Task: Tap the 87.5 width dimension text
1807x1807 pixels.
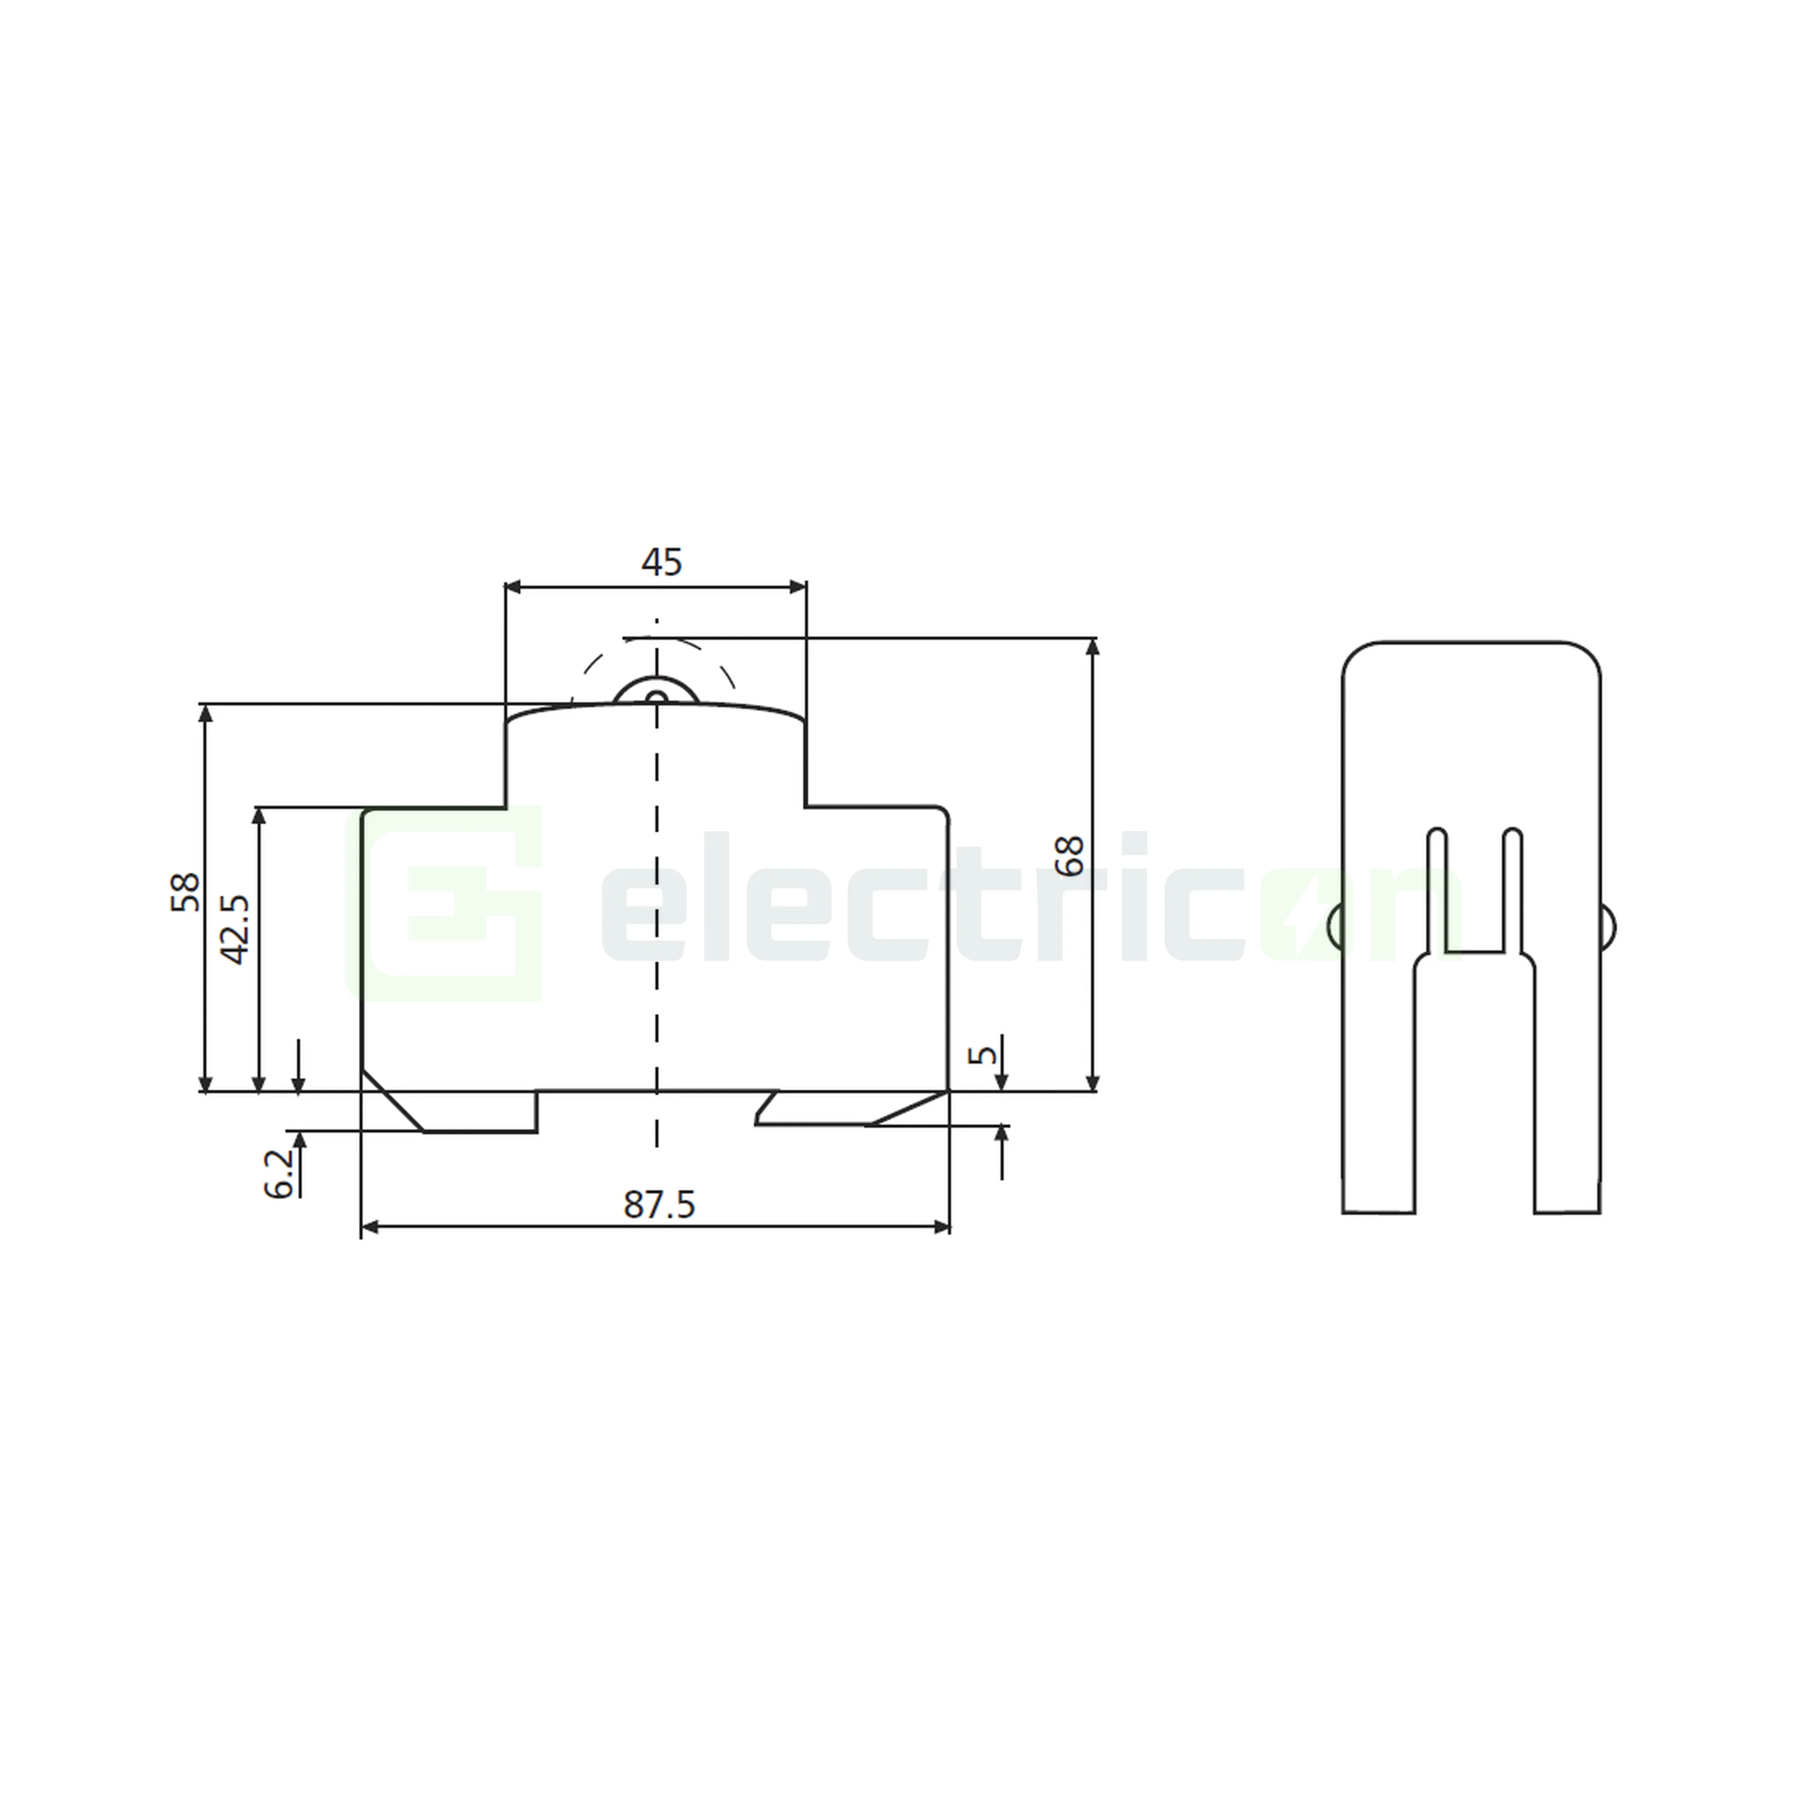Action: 659,1205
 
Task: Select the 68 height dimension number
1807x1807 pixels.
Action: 1068,856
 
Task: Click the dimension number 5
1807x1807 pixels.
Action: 981,1054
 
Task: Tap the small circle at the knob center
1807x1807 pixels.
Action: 656,697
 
